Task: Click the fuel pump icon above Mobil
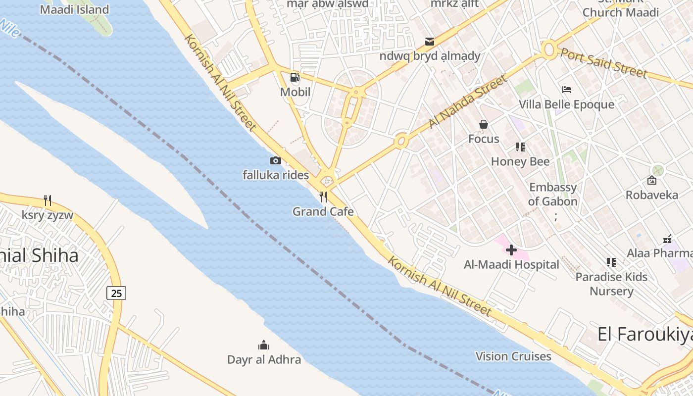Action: [295, 77]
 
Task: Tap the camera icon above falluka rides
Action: [276, 160]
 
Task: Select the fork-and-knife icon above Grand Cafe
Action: [323, 197]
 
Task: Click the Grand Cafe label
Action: [323, 212]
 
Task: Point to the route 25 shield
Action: [116, 293]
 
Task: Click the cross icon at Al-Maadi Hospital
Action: [511, 250]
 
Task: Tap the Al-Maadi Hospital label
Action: [511, 265]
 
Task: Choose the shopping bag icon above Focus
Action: [484, 124]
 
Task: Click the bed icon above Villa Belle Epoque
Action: [567, 90]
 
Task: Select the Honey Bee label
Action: [520, 162]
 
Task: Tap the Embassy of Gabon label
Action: [553, 195]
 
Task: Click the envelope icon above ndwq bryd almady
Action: [430, 41]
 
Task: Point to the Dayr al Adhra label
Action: [264, 359]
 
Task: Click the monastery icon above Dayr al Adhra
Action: [264, 345]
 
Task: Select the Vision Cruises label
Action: [513, 356]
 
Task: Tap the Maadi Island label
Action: [74, 9]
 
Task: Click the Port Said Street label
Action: [603, 62]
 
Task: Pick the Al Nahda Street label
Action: [468, 101]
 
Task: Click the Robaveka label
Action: [652, 195]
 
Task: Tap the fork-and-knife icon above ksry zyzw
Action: [48, 200]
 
